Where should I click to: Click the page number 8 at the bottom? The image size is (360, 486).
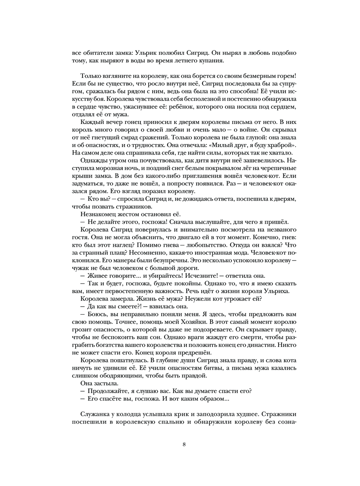tap(184, 444)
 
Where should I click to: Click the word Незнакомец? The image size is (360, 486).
tap(97, 214)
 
